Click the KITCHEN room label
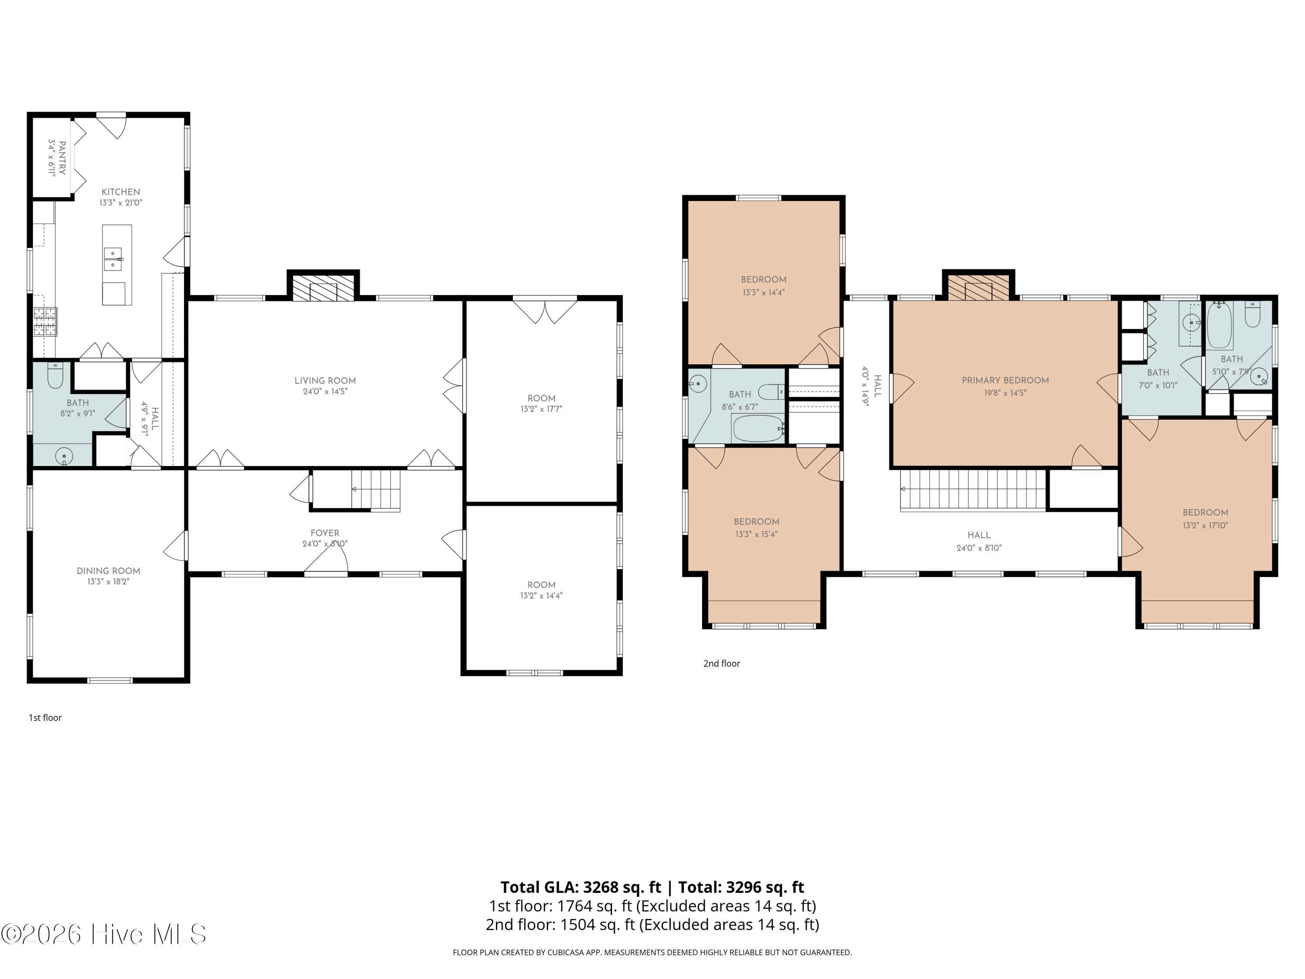[121, 192]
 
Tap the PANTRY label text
[62, 158]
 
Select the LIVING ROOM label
[325, 381]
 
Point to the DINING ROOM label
[109, 570]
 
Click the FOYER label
[325, 533]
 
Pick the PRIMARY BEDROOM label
[1005, 380]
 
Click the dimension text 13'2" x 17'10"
[1205, 525]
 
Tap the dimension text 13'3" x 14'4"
[763, 292]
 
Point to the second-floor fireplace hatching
[978, 287]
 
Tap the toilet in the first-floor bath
[55, 376]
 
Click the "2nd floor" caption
[722, 663]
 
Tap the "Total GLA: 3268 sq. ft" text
[581, 887]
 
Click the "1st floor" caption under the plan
[45, 717]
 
